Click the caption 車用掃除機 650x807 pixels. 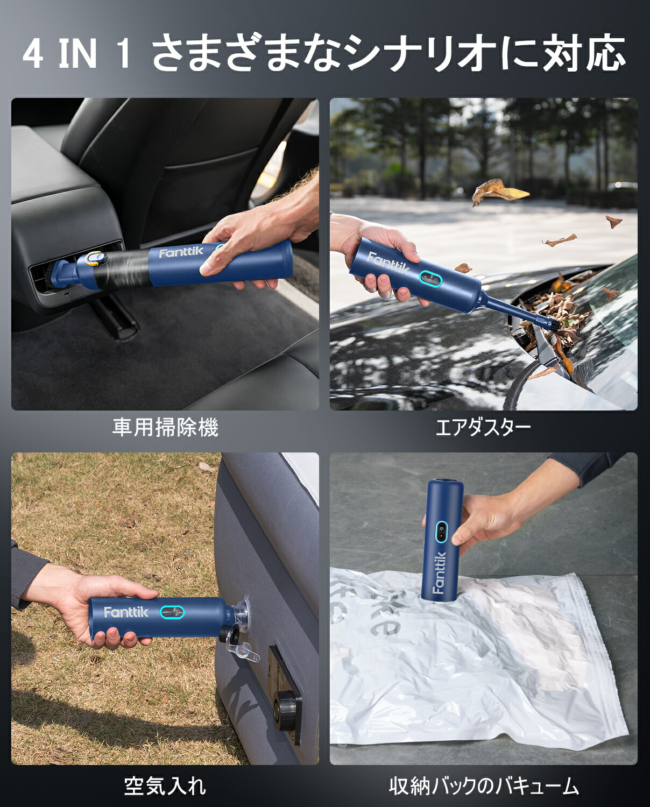click(x=165, y=428)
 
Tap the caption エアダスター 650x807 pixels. click(x=483, y=428)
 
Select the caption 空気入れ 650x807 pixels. click(x=165, y=786)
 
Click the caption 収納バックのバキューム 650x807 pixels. click(x=483, y=786)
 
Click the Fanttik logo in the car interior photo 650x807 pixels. click(x=181, y=252)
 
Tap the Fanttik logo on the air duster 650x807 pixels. click(x=388, y=263)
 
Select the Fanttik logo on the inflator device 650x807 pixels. click(x=126, y=612)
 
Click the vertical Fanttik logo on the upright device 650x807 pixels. click(x=439, y=572)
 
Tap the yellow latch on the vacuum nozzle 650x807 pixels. click(x=94, y=259)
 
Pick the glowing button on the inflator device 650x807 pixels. click(x=172, y=612)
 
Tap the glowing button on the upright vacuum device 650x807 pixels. click(x=441, y=530)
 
